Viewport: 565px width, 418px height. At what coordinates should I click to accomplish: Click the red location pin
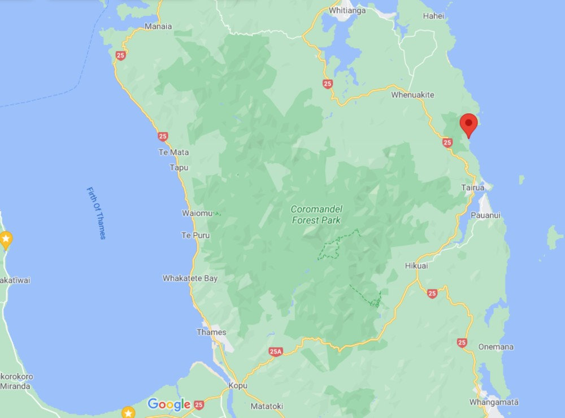(468, 124)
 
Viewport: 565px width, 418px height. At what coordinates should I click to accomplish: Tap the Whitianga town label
(347, 10)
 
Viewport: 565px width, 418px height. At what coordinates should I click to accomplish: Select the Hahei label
(433, 16)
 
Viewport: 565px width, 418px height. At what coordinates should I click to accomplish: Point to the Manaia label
(158, 26)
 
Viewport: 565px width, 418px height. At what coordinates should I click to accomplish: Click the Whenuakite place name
(412, 95)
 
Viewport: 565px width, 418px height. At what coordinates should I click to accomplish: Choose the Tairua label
(472, 187)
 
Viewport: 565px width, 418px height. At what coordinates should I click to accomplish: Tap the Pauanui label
(485, 215)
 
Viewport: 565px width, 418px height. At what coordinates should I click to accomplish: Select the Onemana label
(496, 347)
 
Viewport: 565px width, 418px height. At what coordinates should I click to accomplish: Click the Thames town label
(211, 332)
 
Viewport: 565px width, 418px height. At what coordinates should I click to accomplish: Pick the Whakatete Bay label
(190, 278)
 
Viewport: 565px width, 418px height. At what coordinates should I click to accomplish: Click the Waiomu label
(197, 213)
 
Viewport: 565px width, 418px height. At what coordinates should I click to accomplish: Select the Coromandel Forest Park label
(316, 214)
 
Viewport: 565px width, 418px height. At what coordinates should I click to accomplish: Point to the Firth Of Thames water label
(96, 213)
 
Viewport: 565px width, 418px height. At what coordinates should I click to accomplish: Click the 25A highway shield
(275, 351)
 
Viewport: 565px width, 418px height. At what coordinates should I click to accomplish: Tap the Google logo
(169, 404)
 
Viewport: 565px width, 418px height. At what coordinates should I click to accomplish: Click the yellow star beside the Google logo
(128, 412)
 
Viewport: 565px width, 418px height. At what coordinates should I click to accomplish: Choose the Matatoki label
(267, 406)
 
